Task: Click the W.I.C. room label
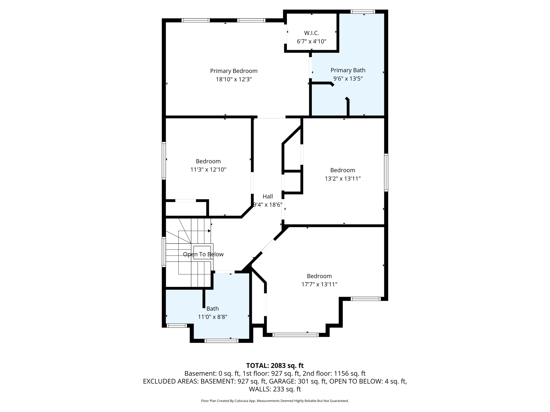click(312, 33)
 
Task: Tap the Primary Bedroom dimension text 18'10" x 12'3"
click(234, 79)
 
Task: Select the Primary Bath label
click(348, 70)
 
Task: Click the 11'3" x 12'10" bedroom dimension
click(208, 170)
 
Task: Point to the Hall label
click(268, 196)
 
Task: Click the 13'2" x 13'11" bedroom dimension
click(343, 178)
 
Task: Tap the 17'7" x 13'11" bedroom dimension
click(319, 284)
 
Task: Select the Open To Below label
click(203, 254)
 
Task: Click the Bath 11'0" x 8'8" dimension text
click(212, 317)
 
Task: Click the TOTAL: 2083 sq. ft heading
click(275, 365)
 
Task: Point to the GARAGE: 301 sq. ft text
click(298, 381)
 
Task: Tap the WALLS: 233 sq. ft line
click(275, 389)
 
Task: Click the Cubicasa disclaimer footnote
click(275, 401)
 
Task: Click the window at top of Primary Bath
click(363, 12)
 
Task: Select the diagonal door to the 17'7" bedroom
click(268, 246)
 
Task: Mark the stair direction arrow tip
click(209, 231)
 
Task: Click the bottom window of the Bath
click(221, 341)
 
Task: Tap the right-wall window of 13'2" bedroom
click(386, 172)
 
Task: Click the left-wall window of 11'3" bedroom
click(164, 160)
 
